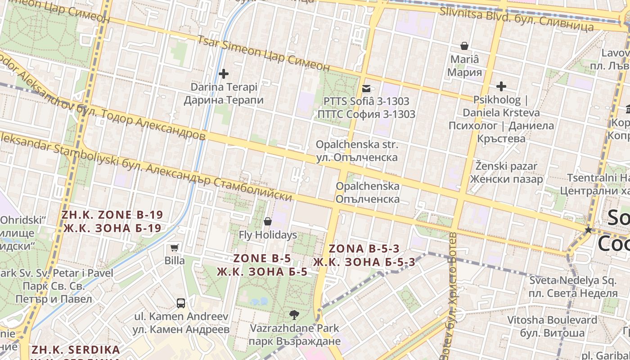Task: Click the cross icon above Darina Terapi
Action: click(x=223, y=73)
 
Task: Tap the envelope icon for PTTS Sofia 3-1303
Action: click(x=366, y=89)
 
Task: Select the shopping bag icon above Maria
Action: click(x=464, y=46)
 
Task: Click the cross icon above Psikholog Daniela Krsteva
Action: click(x=501, y=86)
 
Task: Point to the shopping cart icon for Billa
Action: click(x=174, y=247)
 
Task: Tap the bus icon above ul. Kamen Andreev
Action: click(x=181, y=303)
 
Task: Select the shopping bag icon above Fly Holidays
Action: click(x=268, y=221)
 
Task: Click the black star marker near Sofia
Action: click(x=588, y=230)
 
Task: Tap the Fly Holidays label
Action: click(x=268, y=235)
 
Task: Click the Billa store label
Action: click(x=175, y=261)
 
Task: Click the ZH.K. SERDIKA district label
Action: click(x=76, y=350)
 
